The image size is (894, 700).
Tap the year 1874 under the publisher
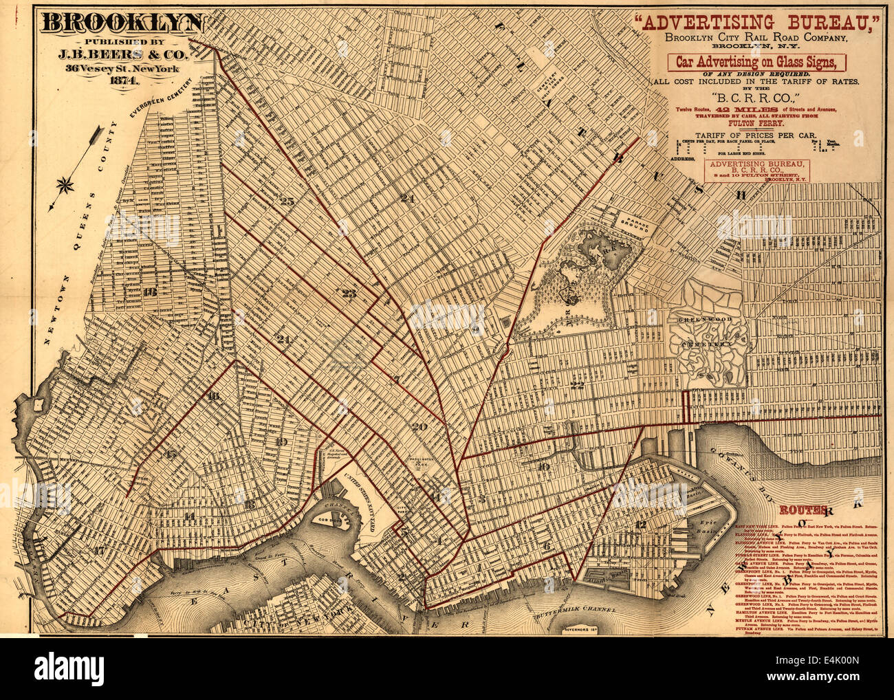coord(122,80)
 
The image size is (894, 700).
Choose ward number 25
coord(287,201)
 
